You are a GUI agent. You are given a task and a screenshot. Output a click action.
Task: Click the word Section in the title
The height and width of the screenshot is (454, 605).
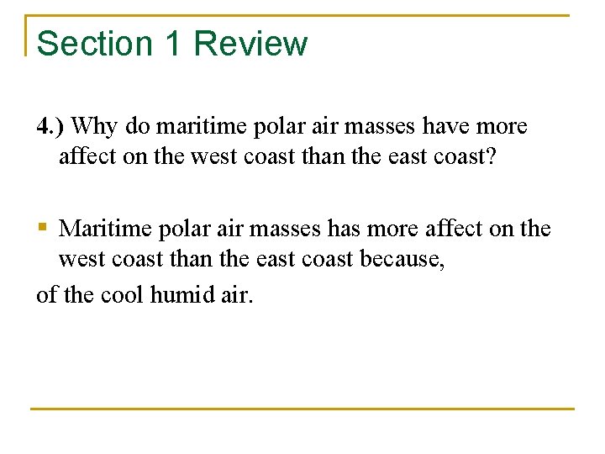[x=94, y=44]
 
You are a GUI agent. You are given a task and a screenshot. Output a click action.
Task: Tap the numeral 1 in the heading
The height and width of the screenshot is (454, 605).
[x=174, y=44]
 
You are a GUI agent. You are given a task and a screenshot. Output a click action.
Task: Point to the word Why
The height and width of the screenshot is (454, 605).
[x=95, y=127]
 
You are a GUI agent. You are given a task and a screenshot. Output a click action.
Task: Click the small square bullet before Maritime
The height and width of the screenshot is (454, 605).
[x=43, y=228]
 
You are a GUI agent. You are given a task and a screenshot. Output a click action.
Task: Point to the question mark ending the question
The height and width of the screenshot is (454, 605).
[x=497, y=156]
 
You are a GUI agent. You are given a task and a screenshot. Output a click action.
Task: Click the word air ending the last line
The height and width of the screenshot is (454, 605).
[x=236, y=294]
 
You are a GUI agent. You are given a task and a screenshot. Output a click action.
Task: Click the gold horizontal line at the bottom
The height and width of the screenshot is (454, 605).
[x=302, y=409]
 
